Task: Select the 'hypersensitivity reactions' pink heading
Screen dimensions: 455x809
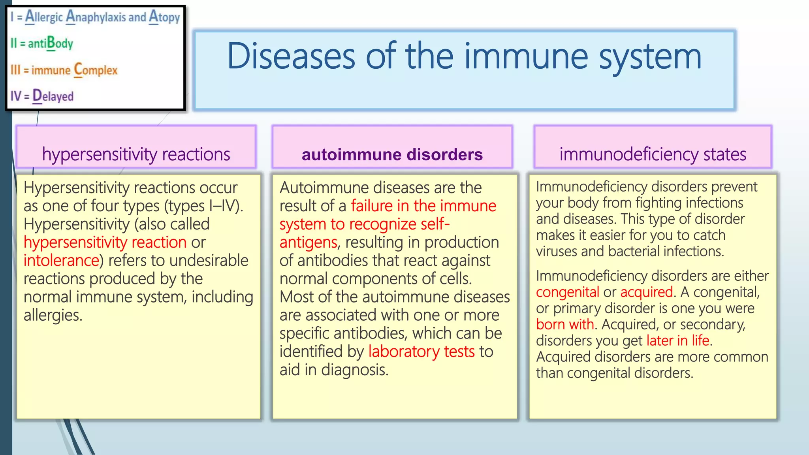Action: tap(136, 154)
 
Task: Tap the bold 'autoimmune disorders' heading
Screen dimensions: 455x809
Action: tap(392, 154)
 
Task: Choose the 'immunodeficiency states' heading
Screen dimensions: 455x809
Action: tap(653, 154)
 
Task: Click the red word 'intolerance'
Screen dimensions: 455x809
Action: tap(61, 261)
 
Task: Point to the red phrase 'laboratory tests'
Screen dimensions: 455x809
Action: tap(421, 352)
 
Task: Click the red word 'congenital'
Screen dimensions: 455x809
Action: tap(567, 292)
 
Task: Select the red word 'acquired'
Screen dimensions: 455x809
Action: tap(646, 292)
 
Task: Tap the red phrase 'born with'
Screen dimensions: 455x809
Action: tap(565, 325)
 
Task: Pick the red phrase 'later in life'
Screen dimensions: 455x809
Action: tap(677, 340)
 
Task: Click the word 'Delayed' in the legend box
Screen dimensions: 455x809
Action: tap(53, 96)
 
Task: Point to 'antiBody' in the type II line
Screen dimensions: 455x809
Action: tap(50, 43)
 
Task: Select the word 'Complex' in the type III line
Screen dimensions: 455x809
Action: tap(96, 70)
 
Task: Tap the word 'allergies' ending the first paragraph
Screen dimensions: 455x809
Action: tap(53, 315)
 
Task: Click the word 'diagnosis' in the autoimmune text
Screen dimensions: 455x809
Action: tap(354, 370)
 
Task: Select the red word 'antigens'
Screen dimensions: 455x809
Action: tap(308, 243)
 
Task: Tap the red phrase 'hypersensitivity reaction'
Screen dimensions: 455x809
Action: tap(105, 243)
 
